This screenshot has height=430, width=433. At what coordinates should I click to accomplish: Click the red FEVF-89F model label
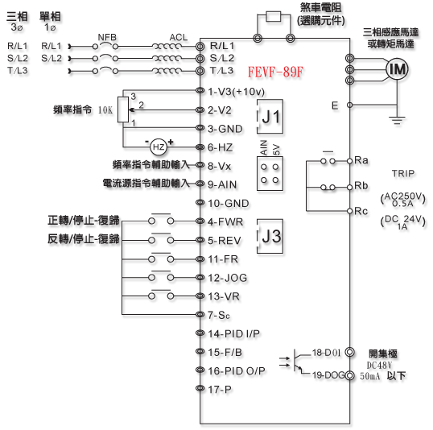click(x=275, y=72)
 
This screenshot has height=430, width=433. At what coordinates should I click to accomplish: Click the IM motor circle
click(x=397, y=69)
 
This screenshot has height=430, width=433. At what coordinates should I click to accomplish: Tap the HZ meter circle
click(x=159, y=147)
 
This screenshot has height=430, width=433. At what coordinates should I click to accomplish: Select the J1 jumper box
click(x=270, y=116)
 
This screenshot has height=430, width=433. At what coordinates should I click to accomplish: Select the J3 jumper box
click(x=270, y=236)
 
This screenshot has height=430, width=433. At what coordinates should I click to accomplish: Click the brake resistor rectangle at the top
click(x=274, y=17)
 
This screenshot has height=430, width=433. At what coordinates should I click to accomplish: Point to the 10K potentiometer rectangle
click(x=123, y=110)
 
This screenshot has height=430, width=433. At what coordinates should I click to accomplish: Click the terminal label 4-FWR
click(x=225, y=221)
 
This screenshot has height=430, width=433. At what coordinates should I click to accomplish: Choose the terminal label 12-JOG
click(x=228, y=278)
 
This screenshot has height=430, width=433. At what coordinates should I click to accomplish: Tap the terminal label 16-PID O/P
click(x=237, y=370)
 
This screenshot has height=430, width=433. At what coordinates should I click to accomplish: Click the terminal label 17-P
click(x=220, y=390)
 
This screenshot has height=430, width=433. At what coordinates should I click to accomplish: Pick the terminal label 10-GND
click(x=229, y=203)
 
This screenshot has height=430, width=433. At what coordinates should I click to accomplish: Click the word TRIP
click(x=403, y=174)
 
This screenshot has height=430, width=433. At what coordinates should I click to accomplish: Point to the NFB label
click(x=107, y=37)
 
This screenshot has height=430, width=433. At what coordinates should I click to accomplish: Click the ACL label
click(x=179, y=37)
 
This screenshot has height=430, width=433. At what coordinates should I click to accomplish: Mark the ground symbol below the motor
click(x=397, y=121)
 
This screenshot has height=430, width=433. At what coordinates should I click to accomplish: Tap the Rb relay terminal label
click(x=361, y=186)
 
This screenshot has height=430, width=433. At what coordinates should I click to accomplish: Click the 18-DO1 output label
click(x=327, y=353)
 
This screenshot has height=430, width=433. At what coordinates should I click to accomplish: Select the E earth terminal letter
click(x=335, y=105)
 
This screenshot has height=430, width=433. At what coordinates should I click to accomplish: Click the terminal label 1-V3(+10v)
click(x=236, y=92)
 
